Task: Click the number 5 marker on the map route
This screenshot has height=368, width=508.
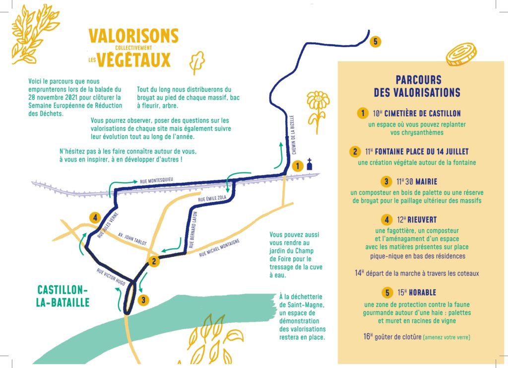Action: pyautogui.click(x=375, y=42)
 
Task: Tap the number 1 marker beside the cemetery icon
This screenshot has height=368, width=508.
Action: pyautogui.click(x=298, y=166)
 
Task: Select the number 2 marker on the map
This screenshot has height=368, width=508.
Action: pyautogui.click(x=154, y=261)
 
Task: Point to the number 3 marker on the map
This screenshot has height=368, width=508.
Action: pyautogui.click(x=143, y=300)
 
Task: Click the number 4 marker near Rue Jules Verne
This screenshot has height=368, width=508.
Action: pyautogui.click(x=95, y=218)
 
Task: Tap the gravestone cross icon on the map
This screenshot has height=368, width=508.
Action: pyautogui.click(x=310, y=164)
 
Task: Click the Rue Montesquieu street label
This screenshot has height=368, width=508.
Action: pyautogui.click(x=156, y=180)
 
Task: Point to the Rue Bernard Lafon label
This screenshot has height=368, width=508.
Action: pyautogui.click(x=193, y=230)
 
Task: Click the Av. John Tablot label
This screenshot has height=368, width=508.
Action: pyautogui.click(x=132, y=239)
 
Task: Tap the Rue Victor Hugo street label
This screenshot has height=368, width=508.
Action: pyautogui.click(x=111, y=277)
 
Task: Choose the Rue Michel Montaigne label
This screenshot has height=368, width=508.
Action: pyautogui.click(x=219, y=248)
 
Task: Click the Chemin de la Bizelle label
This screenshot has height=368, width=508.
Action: pyautogui.click(x=293, y=135)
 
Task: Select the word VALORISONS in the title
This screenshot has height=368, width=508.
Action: pyautogui.click(x=133, y=36)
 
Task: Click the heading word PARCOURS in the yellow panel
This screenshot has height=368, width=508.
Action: pyautogui.click(x=418, y=80)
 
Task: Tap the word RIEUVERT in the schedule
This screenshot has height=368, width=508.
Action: pyautogui.click(x=422, y=220)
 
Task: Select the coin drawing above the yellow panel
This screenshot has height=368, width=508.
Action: pyautogui.click(x=461, y=54)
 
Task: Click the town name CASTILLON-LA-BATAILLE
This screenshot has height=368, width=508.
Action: pyautogui.click(x=63, y=296)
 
